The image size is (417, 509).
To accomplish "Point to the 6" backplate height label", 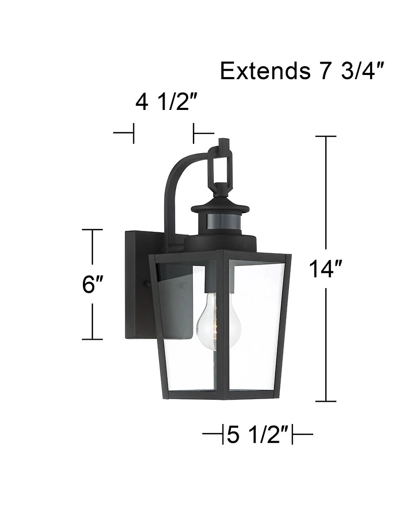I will [92, 284].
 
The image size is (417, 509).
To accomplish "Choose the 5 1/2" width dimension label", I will [258, 434].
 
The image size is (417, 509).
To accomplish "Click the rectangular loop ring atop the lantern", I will [222, 166].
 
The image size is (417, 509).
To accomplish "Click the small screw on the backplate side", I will [149, 284].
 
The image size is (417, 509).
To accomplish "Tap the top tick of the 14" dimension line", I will [326, 136].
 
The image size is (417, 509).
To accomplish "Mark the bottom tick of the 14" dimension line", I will [326, 401].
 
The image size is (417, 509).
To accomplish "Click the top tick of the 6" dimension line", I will [92, 230].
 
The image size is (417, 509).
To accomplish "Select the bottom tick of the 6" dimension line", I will [92, 339].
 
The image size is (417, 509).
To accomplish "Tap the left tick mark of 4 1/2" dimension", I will [133, 133].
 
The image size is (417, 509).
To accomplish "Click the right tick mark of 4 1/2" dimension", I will [194, 133].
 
